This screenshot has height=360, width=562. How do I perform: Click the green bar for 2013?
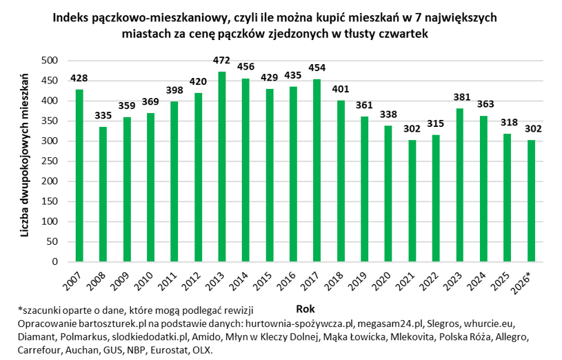tap(222, 167)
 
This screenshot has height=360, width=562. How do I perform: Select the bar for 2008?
tap(103, 194)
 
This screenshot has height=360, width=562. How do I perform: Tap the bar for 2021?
tap(412, 201)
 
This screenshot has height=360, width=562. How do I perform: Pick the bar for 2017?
tap(317, 170)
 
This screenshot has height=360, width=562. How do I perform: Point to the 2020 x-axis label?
tap(387, 281)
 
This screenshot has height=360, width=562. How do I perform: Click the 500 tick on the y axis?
tap(50, 61)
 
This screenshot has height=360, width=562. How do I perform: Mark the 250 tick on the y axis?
tap(50, 161)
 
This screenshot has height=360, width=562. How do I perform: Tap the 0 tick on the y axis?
tap(58, 262)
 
